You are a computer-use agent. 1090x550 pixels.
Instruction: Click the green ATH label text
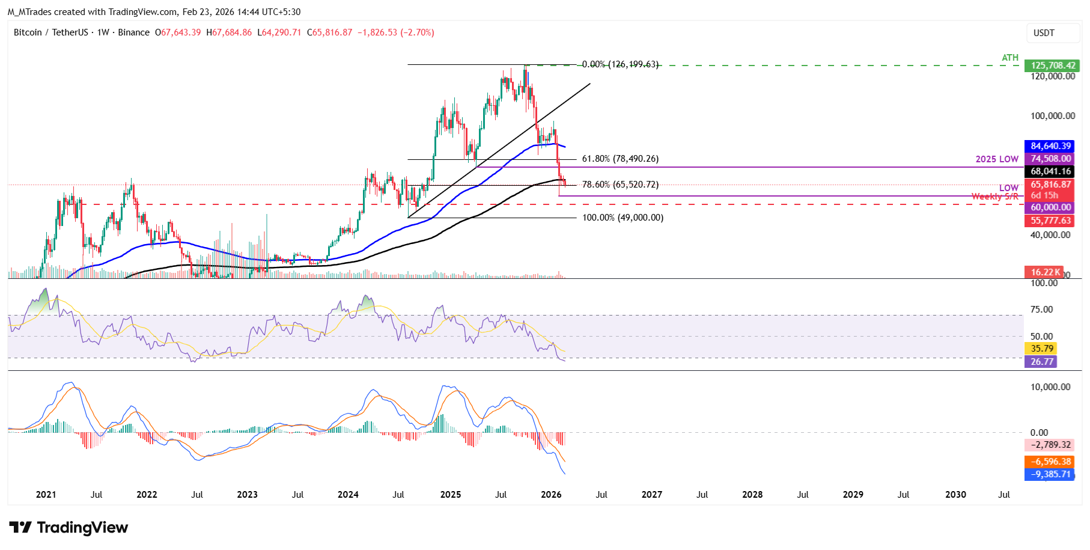(1009, 58)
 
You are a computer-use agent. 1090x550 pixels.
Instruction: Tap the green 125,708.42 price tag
(1053, 66)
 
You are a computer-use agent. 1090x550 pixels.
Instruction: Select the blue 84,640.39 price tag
(1050, 146)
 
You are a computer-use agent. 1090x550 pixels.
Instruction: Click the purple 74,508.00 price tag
(1050, 159)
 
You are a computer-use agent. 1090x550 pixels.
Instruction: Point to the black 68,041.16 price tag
(1050, 171)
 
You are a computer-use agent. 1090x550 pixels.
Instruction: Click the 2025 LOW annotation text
(997, 159)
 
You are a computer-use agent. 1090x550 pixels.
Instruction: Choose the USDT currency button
(1044, 33)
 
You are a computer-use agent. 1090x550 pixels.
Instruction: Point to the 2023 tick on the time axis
(247, 495)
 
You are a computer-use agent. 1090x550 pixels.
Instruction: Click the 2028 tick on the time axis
(752, 495)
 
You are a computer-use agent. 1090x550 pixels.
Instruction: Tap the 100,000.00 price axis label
(1053, 116)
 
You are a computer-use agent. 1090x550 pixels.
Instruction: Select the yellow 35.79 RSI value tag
(1041, 349)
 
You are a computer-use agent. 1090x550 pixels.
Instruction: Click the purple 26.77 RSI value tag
(1041, 361)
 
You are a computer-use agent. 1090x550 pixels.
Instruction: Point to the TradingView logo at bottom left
(69, 528)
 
